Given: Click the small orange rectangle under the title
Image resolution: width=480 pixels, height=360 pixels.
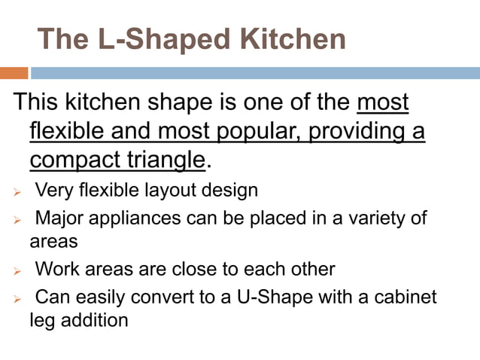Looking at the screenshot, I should pos(14,73).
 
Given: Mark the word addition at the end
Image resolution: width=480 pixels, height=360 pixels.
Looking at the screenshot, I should pos(92,319).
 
